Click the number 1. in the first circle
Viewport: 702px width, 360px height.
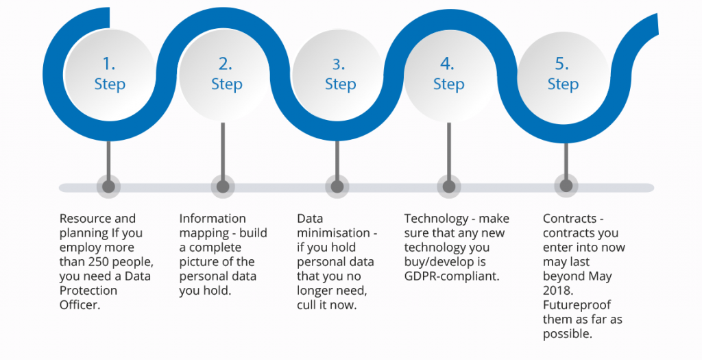pyautogui.click(x=109, y=64)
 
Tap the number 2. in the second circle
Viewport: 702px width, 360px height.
pyautogui.click(x=226, y=64)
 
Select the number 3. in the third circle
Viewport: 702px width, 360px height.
pyautogui.click(x=339, y=64)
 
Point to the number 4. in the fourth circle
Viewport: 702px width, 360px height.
pyautogui.click(x=448, y=64)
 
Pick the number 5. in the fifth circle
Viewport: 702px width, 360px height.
pyautogui.click(x=562, y=64)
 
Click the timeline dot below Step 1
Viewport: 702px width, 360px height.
pyautogui.click(x=108, y=187)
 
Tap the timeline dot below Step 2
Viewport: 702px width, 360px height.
pyautogui.click(x=222, y=187)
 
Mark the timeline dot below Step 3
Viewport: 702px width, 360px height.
pyautogui.click(x=337, y=187)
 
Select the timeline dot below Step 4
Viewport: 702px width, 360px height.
pyautogui.click(x=448, y=187)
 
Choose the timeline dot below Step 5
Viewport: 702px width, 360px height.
pyautogui.click(x=566, y=187)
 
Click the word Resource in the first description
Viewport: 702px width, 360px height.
pyautogui.click(x=85, y=219)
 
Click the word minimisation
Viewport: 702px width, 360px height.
pyautogui.click(x=332, y=233)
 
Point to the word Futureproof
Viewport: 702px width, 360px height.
pyautogui.click(x=577, y=304)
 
